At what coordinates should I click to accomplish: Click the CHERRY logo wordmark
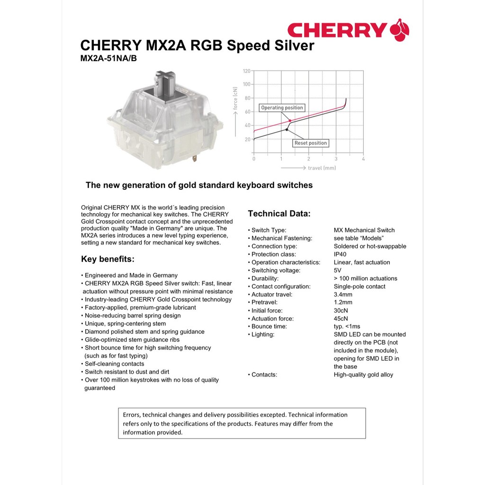pos(337,30)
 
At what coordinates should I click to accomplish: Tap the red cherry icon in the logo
pos(400,30)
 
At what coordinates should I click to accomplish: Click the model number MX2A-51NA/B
pos(109,59)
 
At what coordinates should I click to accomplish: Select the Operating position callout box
pos(282,108)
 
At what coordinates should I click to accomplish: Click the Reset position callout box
pos(311,143)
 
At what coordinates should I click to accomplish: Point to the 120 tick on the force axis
pos(246,71)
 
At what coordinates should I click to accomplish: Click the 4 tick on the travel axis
pos(363,159)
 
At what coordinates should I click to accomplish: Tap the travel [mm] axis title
pos(322,168)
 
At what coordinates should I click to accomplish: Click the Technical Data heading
pos(279,214)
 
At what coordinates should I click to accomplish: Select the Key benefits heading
pos(108,259)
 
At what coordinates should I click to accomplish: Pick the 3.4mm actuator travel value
pos(343,295)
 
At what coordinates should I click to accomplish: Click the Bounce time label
pos(269,326)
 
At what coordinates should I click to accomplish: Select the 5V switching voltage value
pos(338,270)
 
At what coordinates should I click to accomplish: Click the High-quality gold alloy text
pos(363,375)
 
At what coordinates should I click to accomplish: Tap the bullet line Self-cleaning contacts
pos(114,364)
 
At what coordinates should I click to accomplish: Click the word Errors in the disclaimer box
pos(131,415)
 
